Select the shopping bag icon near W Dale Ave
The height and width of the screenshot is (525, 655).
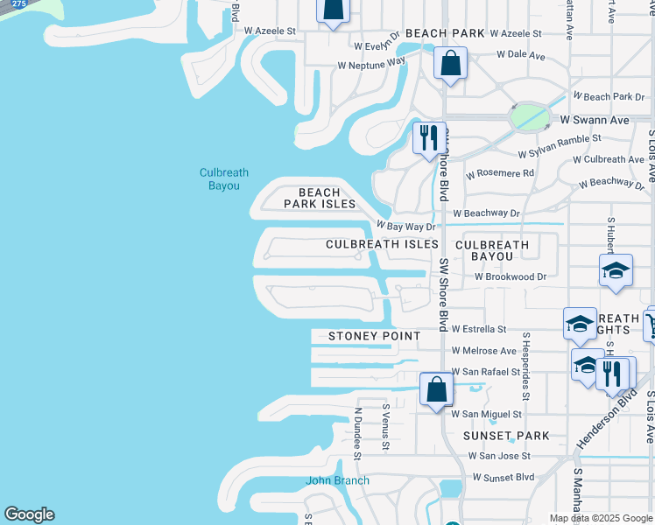pos(450,64)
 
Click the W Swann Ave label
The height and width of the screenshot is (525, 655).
pos(595,120)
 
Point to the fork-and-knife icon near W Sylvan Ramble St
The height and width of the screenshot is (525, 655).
pos(429,138)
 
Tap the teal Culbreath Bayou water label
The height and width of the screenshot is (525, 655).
pos(219,179)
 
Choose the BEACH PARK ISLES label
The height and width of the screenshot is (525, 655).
pos(320,198)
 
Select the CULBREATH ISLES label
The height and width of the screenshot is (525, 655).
pos(382,245)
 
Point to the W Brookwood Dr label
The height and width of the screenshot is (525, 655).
pos(511,276)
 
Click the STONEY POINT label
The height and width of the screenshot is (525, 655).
pos(375,336)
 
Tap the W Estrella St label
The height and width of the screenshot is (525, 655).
pos(479,329)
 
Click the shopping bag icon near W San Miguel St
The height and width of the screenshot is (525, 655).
pos(435,389)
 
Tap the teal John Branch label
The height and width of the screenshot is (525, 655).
pos(337,480)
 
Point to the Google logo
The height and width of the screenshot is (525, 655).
pos(29,514)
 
